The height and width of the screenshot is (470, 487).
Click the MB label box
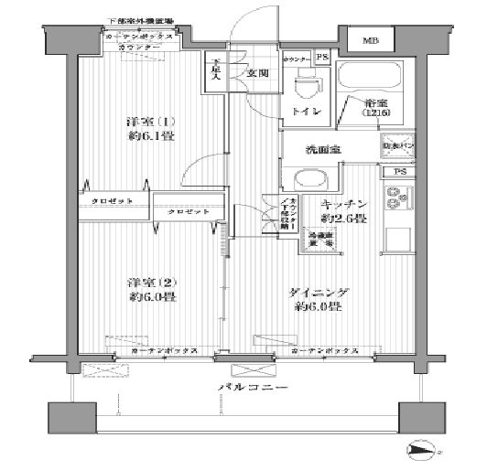click(371, 41)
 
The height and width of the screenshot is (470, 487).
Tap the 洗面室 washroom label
click(324, 151)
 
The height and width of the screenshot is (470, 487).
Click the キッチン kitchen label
click(344, 204)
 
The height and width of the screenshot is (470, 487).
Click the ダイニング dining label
click(318, 293)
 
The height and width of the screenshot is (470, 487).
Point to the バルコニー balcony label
click(253, 389)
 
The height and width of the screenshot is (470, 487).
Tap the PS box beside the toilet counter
click(321, 58)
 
